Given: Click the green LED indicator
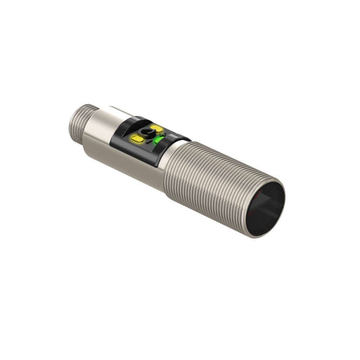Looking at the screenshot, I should pos(160,146).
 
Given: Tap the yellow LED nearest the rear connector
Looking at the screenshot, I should pos(138,140).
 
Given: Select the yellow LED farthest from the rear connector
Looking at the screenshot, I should pos(156,129).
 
